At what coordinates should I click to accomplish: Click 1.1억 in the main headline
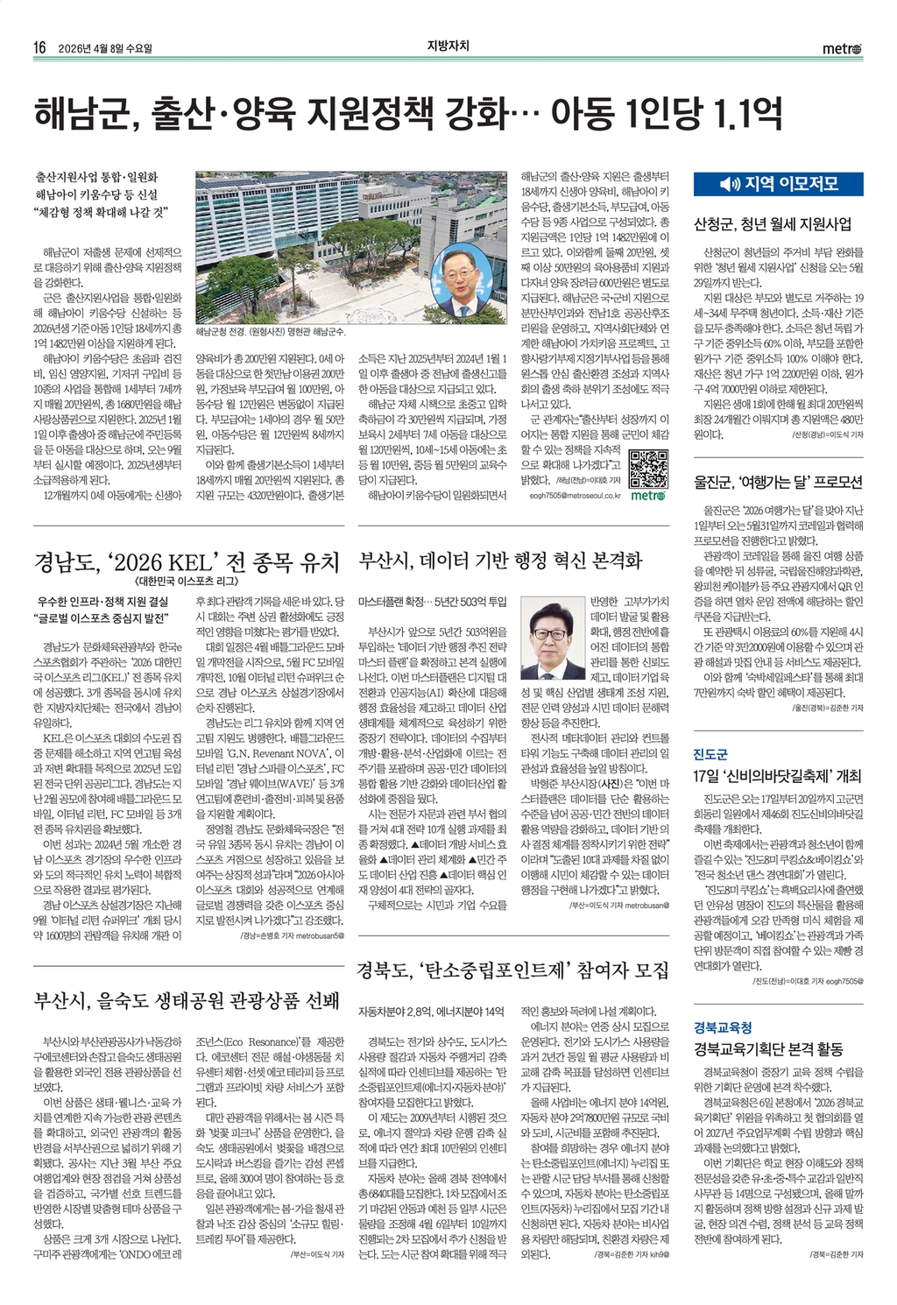(745, 114)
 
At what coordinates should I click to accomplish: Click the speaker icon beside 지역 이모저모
(729, 184)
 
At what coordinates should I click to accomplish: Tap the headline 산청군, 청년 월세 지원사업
(772, 223)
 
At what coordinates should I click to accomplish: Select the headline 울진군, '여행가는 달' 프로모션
(778, 482)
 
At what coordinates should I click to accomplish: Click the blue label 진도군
(710, 754)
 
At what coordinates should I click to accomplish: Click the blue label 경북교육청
(723, 1027)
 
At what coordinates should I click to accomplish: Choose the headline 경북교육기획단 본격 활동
(768, 1048)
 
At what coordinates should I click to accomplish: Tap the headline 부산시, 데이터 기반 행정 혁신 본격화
(500, 561)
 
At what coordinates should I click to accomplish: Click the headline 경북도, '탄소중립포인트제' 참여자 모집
(512, 970)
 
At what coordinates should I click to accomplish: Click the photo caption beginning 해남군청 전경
(271, 333)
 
